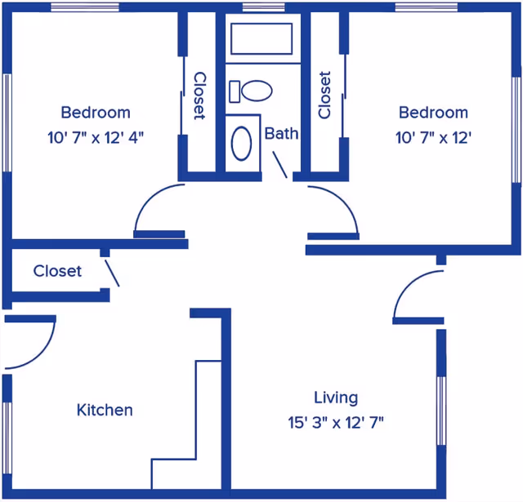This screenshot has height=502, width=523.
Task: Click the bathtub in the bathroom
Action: point(261,38)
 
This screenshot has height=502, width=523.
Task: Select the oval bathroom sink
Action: point(242,143)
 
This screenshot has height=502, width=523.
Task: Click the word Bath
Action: point(281,134)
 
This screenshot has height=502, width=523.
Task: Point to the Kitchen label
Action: point(105,410)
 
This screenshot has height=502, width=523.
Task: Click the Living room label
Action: point(336,398)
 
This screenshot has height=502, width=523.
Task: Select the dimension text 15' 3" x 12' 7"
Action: point(336,423)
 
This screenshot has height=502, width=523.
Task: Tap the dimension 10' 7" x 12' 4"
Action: point(96,138)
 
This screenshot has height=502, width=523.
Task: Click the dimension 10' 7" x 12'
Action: point(433,138)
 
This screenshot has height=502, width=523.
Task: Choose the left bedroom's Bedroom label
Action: point(96,113)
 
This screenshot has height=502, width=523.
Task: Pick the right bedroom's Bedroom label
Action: point(433,113)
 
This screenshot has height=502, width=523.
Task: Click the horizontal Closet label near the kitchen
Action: point(57,271)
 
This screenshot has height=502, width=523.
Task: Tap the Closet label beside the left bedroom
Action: point(199,96)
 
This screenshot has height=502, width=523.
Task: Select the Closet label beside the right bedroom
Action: point(324,95)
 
